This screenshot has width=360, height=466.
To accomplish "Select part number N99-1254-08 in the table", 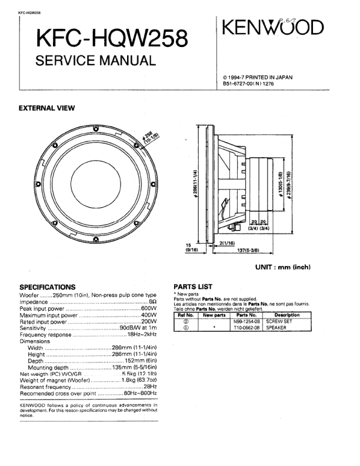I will coord(246,322).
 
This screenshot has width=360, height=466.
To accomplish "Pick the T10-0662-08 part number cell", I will coord(246,328).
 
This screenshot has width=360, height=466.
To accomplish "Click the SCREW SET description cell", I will coord(280,322).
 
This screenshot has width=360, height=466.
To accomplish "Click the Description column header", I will coord(288,315).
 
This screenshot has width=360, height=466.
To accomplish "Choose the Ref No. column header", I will coord(186,315).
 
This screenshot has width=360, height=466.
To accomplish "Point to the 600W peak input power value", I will coord(149,308).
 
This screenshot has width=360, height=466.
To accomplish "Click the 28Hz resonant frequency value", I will coord(151,386).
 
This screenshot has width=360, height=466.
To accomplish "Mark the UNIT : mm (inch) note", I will coord(282,267).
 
